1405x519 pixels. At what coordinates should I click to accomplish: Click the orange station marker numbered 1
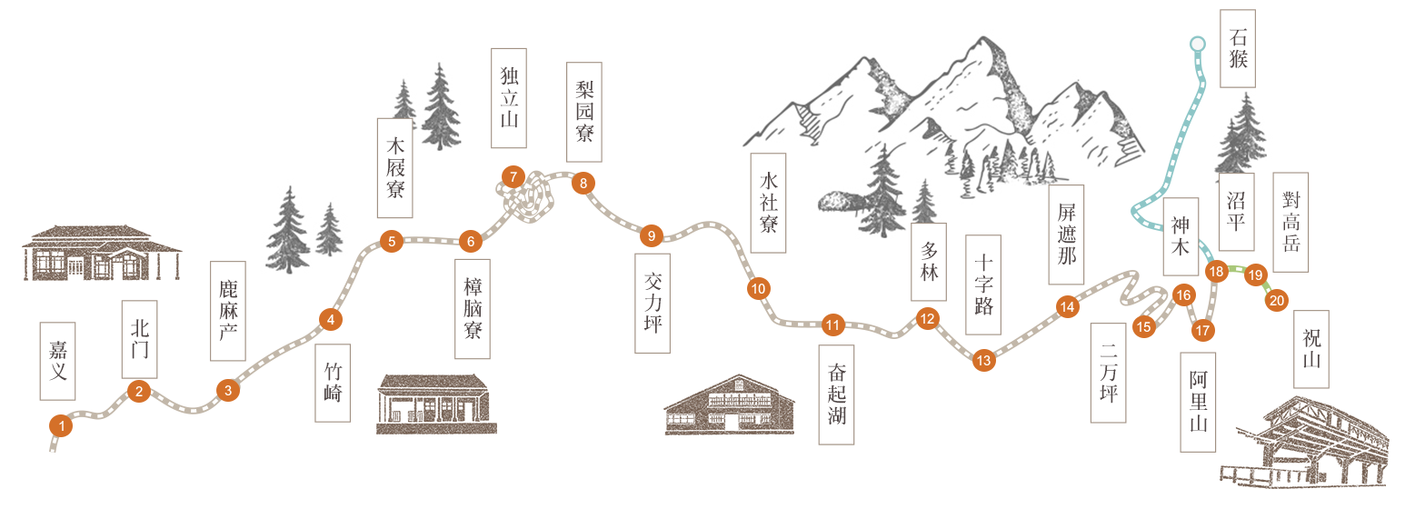pyautogui.click(x=61, y=426)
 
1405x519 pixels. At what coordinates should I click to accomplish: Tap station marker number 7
pyautogui.click(x=513, y=177)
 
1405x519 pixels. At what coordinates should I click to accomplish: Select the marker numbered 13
pyautogui.click(x=983, y=360)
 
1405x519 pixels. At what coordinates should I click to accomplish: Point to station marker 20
pyautogui.click(x=1277, y=301)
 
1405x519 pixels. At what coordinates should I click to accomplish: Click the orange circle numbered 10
pyautogui.click(x=758, y=289)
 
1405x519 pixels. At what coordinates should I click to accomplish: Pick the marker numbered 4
pyautogui.click(x=331, y=319)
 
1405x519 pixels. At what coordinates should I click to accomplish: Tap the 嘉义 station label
pyautogui.click(x=57, y=361)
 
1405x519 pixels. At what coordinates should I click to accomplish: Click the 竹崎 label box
pyautogui.click(x=333, y=383)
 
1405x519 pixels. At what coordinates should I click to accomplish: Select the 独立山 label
pyautogui.click(x=509, y=98)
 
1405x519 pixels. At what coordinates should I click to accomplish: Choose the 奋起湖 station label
pyautogui.click(x=836, y=394)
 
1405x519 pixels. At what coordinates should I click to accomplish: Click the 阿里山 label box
pyautogui.click(x=1198, y=403)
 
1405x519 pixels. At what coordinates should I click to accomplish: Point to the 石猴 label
pyautogui.click(x=1238, y=48)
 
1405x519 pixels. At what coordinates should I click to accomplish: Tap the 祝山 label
pyautogui.click(x=1310, y=349)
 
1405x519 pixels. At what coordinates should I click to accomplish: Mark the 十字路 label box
pyautogui.click(x=983, y=284)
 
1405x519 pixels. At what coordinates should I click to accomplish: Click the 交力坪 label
pyautogui.click(x=653, y=303)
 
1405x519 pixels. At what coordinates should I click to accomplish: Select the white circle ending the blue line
pyautogui.click(x=1198, y=44)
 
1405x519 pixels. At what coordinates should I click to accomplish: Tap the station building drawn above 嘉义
pyautogui.click(x=102, y=253)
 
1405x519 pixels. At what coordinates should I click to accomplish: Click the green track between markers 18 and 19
pyautogui.click(x=1236, y=269)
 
